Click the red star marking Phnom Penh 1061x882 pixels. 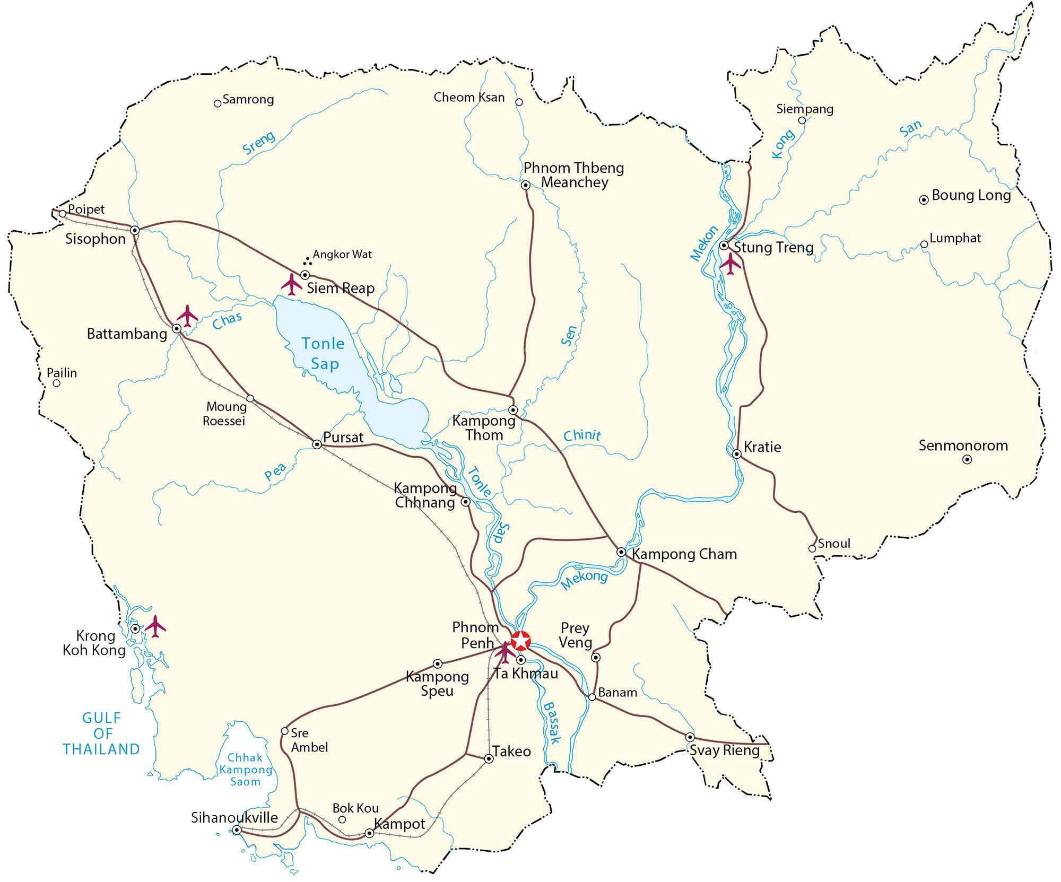click(x=521, y=641)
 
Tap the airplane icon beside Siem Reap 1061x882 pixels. click(x=291, y=284)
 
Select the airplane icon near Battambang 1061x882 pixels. click(x=187, y=316)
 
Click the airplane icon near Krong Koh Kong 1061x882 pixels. click(x=155, y=626)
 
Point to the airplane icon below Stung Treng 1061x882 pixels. click(x=731, y=264)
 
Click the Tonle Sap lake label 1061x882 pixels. click(x=324, y=354)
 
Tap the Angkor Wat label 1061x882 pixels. click(x=342, y=254)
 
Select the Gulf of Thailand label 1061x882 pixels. click(x=101, y=733)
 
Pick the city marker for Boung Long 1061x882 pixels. click(x=924, y=200)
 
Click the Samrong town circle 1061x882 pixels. click(x=217, y=103)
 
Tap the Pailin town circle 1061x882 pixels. click(x=57, y=383)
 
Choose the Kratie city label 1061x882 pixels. click(x=762, y=447)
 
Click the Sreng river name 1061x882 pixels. click(x=259, y=142)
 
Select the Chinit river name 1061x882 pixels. click(x=582, y=435)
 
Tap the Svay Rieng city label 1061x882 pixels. click(x=725, y=750)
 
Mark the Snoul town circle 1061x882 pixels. click(x=812, y=548)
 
